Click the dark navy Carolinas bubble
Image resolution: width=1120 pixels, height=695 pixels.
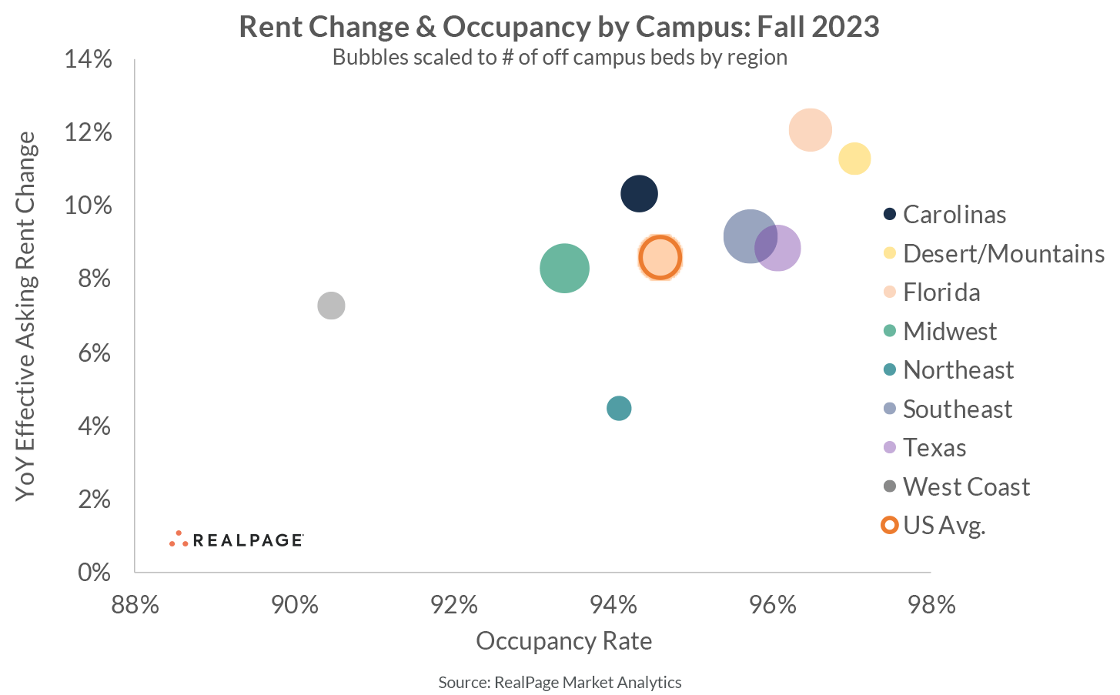point(639,193)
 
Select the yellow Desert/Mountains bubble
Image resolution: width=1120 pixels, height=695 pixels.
point(854,159)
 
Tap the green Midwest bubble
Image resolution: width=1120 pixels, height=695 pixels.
point(564,268)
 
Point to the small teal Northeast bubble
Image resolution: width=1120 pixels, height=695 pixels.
point(619,408)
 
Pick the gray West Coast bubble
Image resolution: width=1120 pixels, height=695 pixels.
point(331,306)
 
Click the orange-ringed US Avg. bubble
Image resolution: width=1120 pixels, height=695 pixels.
point(660,258)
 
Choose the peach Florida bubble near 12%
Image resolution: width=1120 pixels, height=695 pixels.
point(810,130)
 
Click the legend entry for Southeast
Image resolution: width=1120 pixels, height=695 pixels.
point(957,409)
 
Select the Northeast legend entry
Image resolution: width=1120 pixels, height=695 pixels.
point(958,370)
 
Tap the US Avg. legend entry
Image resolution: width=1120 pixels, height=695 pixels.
point(944,526)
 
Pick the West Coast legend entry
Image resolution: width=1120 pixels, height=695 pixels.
point(965,486)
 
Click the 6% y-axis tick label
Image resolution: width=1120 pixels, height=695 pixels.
point(95,353)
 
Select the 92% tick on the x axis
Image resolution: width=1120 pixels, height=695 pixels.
point(454,605)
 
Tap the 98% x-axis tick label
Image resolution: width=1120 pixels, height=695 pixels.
point(931,605)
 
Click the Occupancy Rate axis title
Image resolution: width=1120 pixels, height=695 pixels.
point(563,641)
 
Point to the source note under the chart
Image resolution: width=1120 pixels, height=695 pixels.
point(560,682)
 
